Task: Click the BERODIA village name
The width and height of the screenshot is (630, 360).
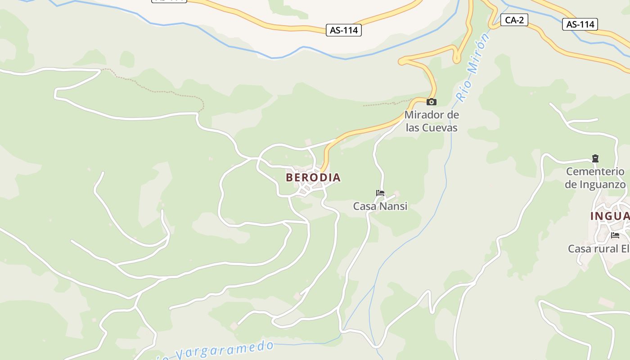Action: (313, 177)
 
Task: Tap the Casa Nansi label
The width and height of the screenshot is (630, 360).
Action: (380, 206)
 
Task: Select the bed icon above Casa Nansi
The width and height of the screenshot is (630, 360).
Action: (380, 193)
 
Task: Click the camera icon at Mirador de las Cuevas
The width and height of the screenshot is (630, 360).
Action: (432, 102)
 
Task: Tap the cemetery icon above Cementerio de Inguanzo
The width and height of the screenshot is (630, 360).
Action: (595, 158)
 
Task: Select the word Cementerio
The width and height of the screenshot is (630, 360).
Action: (595, 171)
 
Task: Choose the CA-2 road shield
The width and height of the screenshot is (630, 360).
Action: (514, 19)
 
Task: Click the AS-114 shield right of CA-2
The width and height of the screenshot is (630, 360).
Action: (580, 24)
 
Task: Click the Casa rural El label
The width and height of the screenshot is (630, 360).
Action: (598, 248)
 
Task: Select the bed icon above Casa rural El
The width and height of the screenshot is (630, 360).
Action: (615, 235)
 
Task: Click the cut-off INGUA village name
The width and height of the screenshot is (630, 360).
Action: (610, 216)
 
